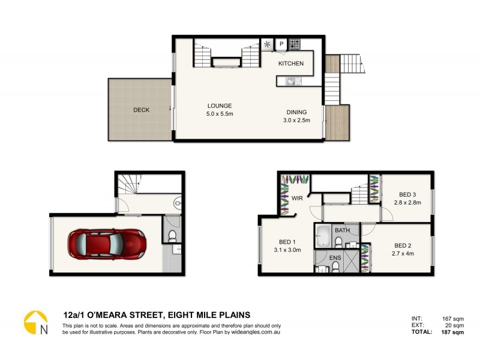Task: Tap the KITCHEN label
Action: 291,64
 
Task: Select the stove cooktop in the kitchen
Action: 295,44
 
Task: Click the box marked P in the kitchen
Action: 281,44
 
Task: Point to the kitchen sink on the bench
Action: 291,81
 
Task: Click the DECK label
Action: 141,110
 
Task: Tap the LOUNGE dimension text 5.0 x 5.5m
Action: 220,113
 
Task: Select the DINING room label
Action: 296,112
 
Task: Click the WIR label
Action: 296,197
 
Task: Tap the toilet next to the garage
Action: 172,235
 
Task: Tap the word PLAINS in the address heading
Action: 230,314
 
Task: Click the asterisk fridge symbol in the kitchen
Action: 267,44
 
